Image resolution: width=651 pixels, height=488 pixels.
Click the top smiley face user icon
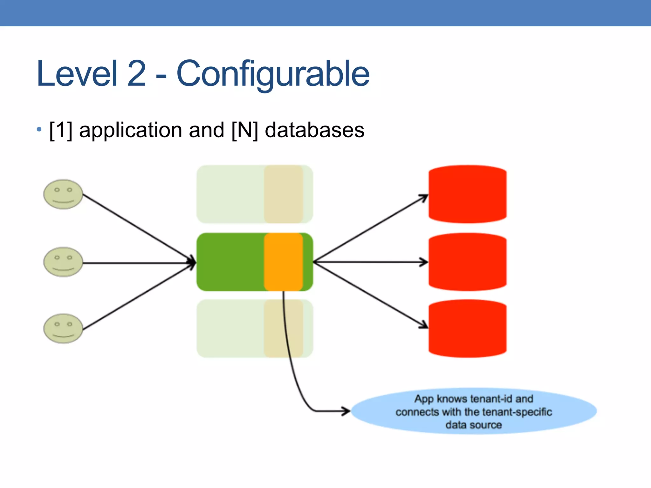tap(63, 194)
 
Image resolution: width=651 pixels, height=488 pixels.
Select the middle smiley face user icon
tap(63, 262)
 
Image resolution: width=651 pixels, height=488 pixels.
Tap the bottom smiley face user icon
tap(63, 329)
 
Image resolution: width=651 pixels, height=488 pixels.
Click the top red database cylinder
tap(467, 194)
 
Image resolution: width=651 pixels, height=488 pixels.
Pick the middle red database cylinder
tap(467, 262)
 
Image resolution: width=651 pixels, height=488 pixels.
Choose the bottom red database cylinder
tap(467, 329)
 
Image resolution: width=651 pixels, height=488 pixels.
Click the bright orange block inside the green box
tap(283, 262)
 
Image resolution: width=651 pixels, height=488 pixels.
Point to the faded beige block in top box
tap(283, 194)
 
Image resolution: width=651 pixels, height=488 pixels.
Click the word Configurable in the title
tap(273, 74)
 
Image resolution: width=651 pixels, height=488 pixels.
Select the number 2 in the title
tap(136, 74)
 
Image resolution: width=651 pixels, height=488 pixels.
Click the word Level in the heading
tap(77, 74)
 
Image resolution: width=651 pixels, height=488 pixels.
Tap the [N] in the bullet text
tap(244, 130)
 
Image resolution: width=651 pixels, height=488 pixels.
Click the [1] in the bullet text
tap(61, 130)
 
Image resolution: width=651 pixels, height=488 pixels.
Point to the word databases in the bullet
tap(314, 130)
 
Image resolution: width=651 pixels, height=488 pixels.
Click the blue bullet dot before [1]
tap(39, 129)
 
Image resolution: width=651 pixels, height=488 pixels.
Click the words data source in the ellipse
tap(474, 425)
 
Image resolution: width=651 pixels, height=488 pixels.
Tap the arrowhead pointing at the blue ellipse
tap(346, 411)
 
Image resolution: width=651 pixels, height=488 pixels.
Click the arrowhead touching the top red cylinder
tap(424, 197)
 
